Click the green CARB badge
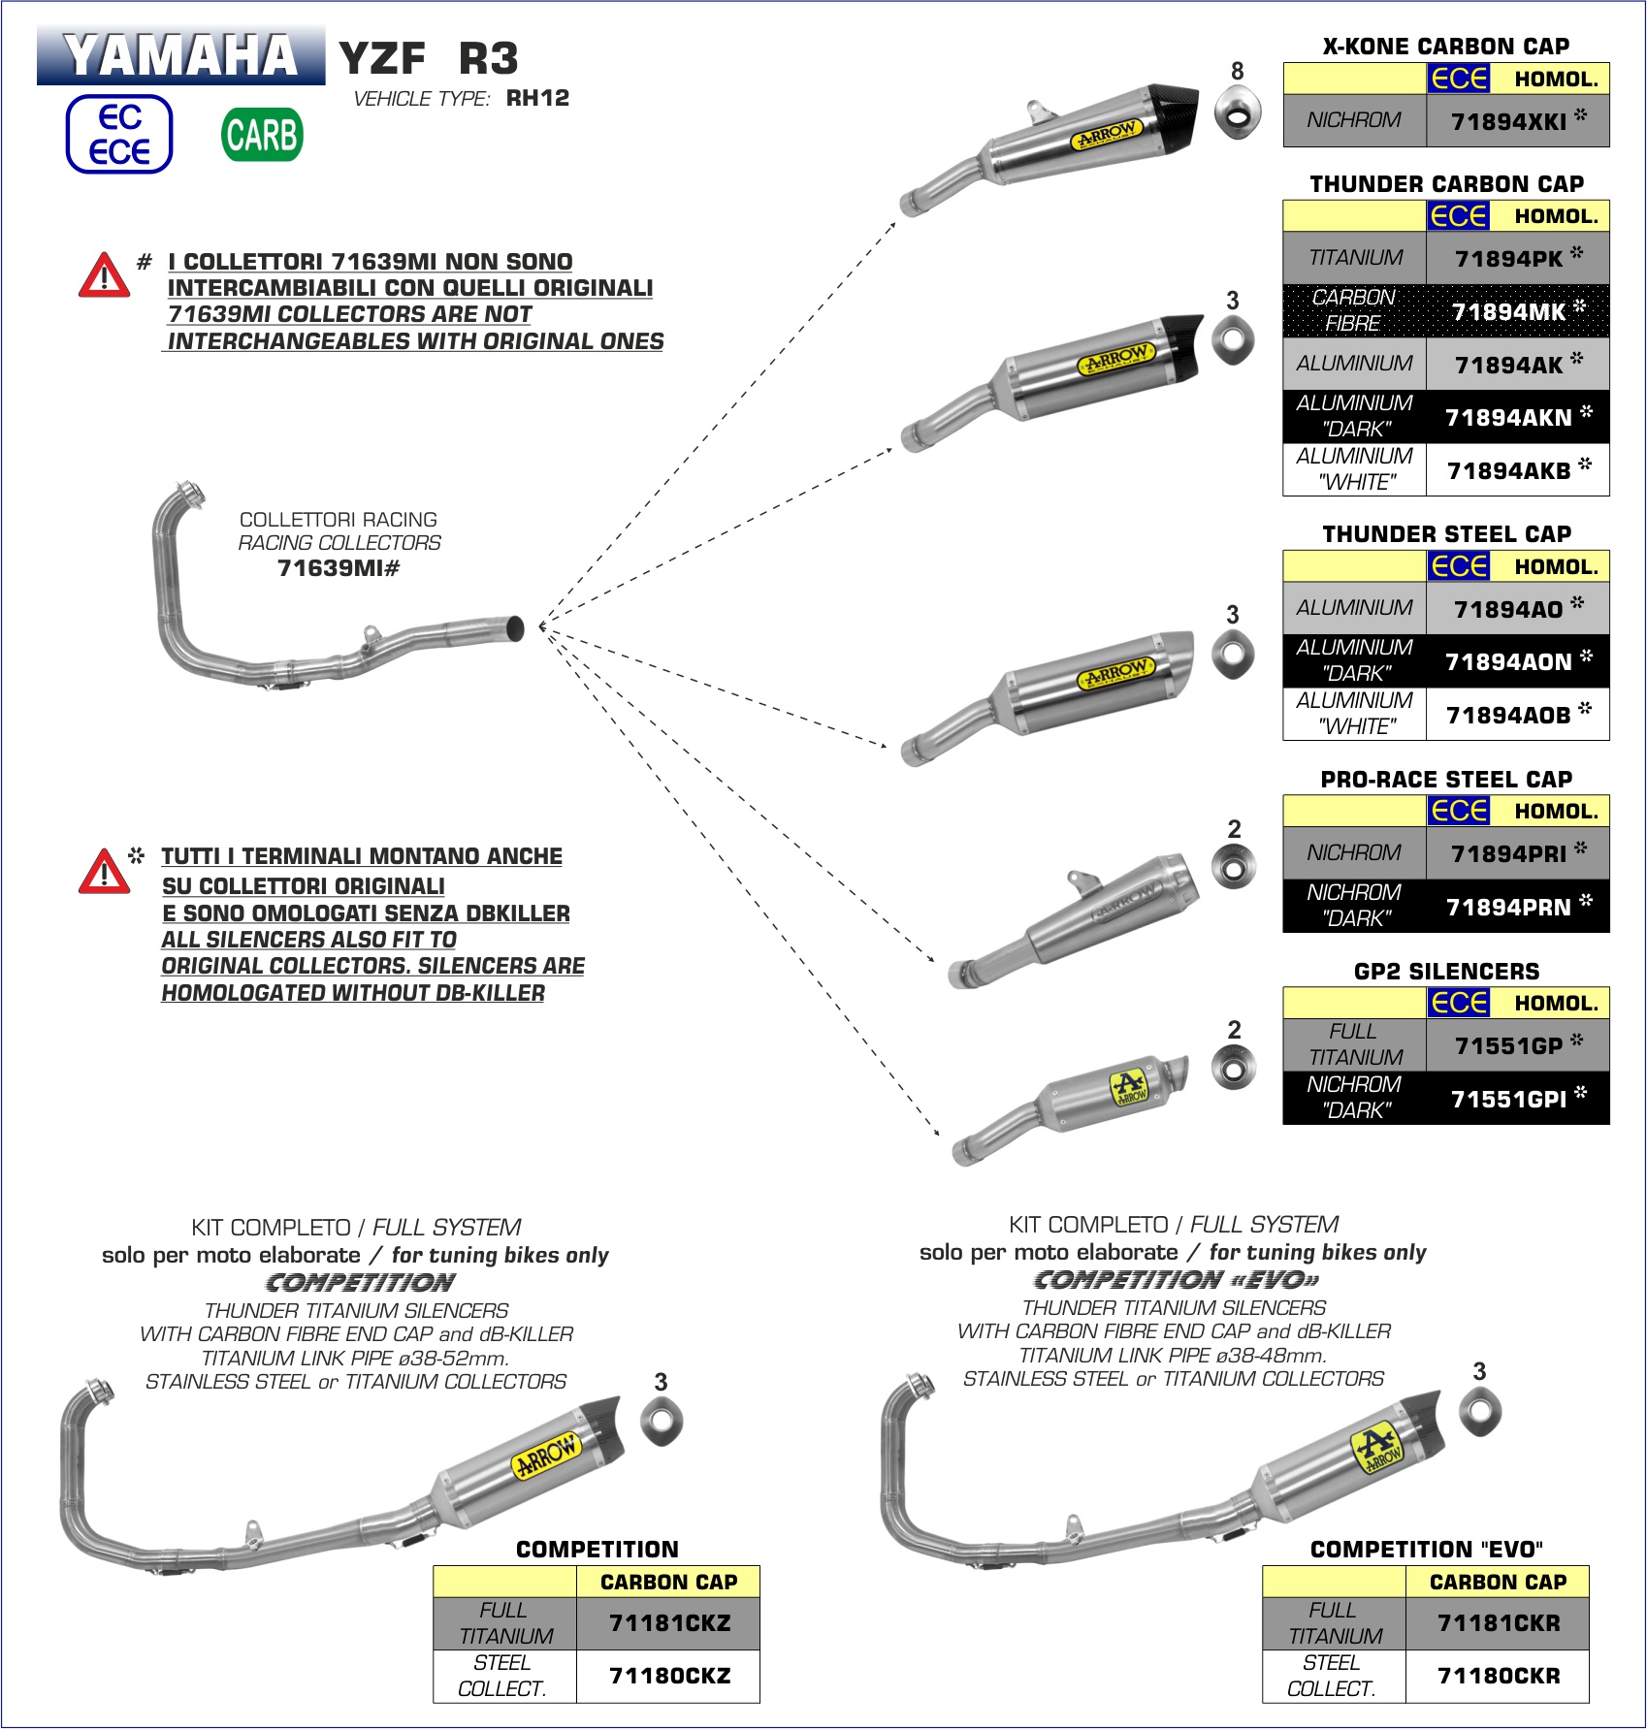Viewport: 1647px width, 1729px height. [262, 135]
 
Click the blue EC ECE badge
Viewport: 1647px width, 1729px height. [119, 135]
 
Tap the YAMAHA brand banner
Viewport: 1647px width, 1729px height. [180, 55]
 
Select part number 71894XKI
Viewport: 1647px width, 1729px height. [1509, 121]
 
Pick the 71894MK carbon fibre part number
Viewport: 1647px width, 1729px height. [1509, 311]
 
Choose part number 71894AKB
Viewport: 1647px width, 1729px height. [1509, 470]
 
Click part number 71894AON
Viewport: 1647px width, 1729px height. [1509, 661]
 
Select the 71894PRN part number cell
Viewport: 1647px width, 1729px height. [1509, 907]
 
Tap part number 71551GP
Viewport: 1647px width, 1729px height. [1509, 1045]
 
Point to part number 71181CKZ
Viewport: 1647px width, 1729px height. [669, 1623]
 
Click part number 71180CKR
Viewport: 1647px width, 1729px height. [1499, 1676]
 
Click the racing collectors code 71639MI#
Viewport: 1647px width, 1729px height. [339, 568]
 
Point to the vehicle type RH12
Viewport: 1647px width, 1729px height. [537, 98]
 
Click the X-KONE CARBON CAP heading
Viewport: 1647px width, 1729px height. [1445, 46]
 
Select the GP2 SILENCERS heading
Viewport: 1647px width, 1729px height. [1445, 971]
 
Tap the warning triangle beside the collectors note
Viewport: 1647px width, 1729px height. [104, 275]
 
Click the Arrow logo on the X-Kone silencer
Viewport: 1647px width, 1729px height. [1108, 134]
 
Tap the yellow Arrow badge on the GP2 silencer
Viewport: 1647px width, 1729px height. [1129, 1086]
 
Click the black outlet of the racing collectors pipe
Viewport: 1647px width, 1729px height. [516, 627]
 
